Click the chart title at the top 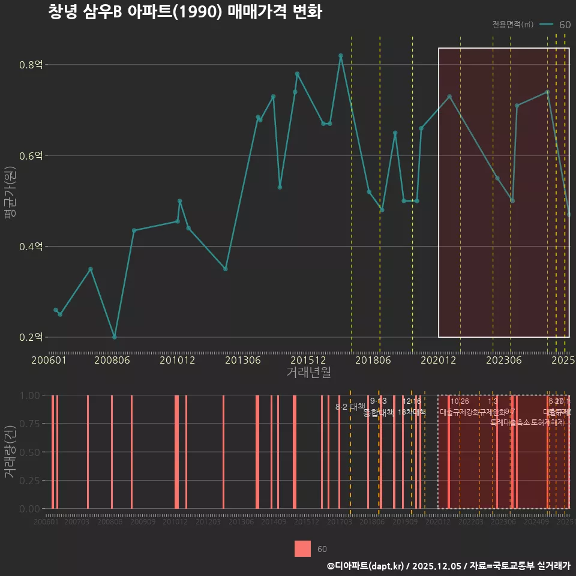[185, 13]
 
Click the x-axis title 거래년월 [308, 373]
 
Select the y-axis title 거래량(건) [10, 452]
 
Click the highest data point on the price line [341, 56]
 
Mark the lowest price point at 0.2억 [115, 337]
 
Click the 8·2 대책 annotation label [350, 407]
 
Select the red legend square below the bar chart [303, 549]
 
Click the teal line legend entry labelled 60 [554, 25]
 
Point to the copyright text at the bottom [448, 566]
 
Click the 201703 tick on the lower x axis [340, 523]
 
